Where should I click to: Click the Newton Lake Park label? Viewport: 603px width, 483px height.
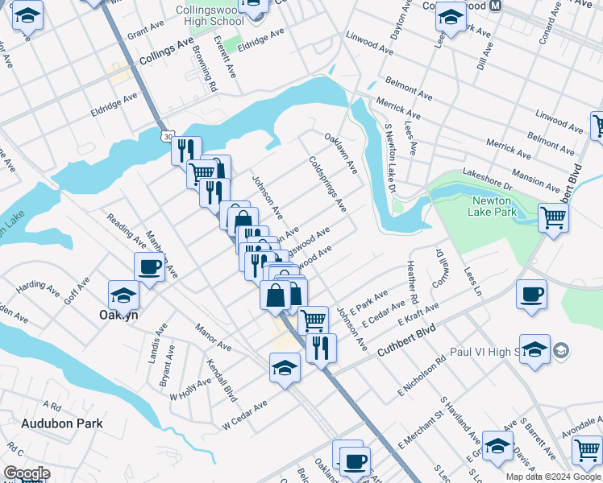[x=491, y=206]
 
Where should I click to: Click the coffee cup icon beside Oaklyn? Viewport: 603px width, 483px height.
[x=149, y=266]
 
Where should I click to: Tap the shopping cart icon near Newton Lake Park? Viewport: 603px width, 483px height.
[x=553, y=217]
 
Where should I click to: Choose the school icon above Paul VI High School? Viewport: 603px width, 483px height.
[x=534, y=349]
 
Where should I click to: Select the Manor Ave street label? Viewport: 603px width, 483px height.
[x=214, y=336]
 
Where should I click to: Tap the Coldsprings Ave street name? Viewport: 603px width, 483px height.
[x=327, y=184]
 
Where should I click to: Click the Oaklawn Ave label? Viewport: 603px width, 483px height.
[x=340, y=153]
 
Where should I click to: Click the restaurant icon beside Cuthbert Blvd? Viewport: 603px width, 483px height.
[x=321, y=347]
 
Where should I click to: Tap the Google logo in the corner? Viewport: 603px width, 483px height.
[x=27, y=473]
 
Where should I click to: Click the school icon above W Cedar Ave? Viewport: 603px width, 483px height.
[x=284, y=368]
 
